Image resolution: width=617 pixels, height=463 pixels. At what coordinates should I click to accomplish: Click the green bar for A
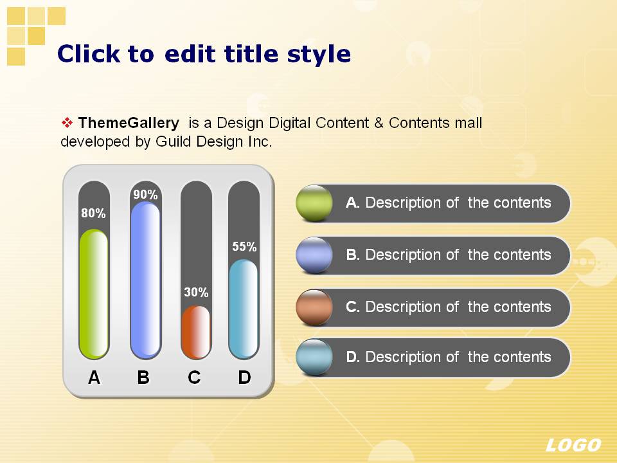point(94,294)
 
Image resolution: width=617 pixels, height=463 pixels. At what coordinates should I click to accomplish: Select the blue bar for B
point(145,280)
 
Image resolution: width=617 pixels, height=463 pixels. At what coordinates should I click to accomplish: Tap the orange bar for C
point(196,332)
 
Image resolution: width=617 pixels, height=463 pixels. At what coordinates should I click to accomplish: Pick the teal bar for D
point(244,309)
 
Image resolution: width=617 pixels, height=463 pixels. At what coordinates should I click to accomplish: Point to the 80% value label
point(93,213)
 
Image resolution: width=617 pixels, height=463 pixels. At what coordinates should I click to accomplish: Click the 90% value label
point(145,194)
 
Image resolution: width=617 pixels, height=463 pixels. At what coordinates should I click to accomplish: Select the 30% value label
point(196,292)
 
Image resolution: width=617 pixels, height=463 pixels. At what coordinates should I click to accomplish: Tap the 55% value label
point(244,246)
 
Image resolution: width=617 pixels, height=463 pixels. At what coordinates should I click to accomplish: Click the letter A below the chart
point(94,377)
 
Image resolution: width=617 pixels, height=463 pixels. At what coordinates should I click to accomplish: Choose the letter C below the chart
point(194,377)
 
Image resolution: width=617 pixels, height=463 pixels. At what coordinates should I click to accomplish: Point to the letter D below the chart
point(244,377)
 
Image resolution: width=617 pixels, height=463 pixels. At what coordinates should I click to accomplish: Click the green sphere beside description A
point(314,203)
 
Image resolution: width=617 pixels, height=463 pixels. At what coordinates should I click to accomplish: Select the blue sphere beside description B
point(314,255)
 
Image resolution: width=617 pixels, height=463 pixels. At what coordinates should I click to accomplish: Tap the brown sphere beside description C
point(314,307)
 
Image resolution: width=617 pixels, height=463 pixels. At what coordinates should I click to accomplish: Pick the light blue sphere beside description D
point(314,357)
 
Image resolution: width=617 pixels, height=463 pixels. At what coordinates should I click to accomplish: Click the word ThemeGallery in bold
point(129,123)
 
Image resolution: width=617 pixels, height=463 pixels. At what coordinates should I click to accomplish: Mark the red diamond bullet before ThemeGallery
point(67,123)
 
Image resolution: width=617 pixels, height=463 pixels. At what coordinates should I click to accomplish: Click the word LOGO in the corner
point(573,445)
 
